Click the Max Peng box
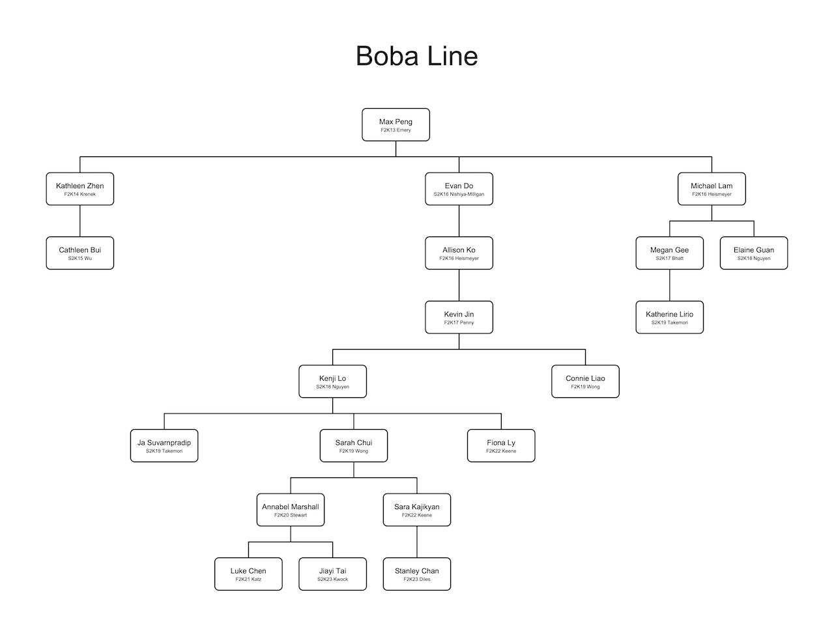tap(395, 124)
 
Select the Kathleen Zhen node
tap(80, 189)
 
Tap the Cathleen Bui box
tap(80, 253)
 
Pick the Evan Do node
tap(459, 189)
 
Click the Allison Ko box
tap(459, 253)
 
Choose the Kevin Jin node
tap(459, 317)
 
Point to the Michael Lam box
tap(712, 189)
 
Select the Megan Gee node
tap(669, 253)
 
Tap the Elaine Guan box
tap(754, 253)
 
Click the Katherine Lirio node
tap(669, 317)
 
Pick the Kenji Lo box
tap(332, 381)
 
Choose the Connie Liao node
tap(585, 381)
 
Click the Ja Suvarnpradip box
tap(164, 445)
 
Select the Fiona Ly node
tap(501, 445)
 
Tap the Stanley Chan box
tap(417, 574)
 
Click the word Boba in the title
tap(387, 56)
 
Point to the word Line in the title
tap(453, 56)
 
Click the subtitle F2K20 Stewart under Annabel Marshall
tap(291, 515)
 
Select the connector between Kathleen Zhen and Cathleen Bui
tap(80, 221)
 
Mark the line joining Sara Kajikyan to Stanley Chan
tap(417, 542)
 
